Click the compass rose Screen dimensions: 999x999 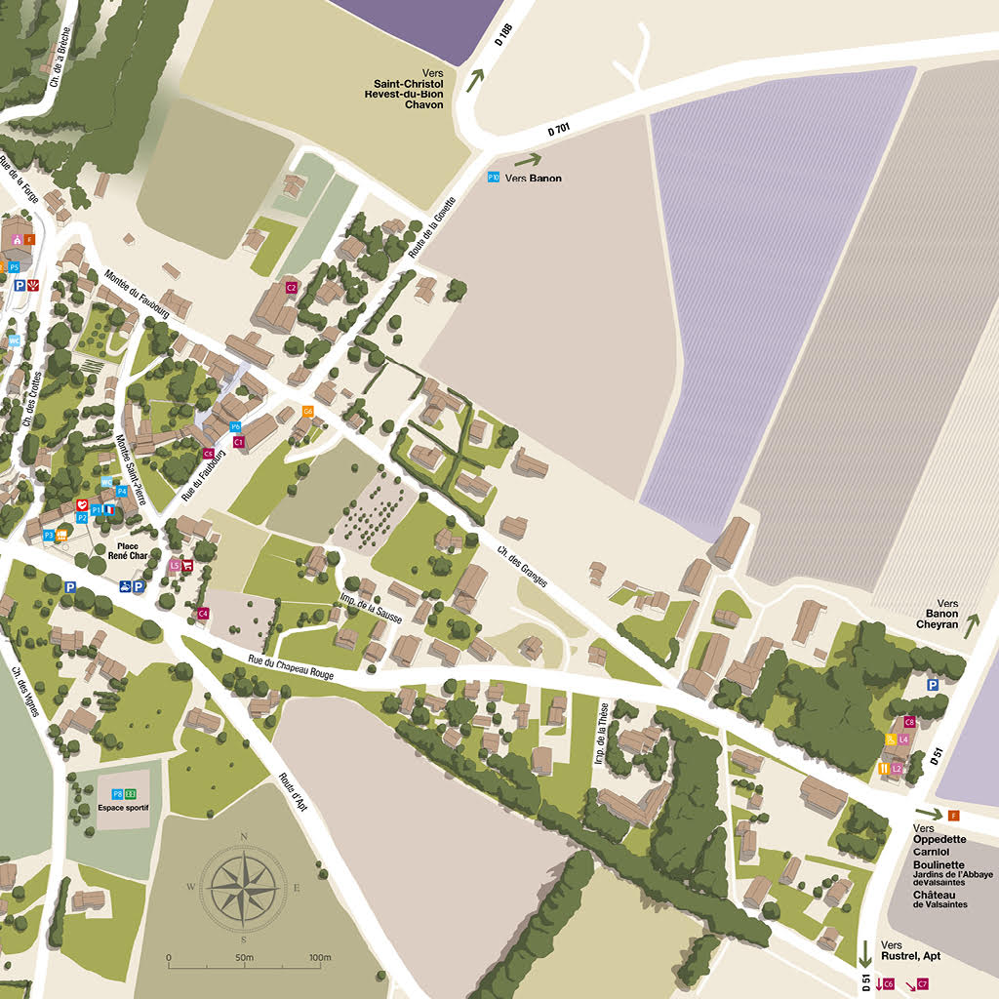(243, 886)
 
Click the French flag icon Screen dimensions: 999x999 (110, 509)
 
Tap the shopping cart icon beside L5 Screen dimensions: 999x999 (186, 565)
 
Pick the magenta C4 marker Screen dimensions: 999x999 (203, 613)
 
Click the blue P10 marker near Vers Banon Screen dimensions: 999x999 (494, 178)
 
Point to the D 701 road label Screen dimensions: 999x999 (558, 129)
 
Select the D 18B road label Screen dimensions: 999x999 (503, 36)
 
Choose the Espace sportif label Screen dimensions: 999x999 (124, 809)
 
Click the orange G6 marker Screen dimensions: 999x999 (307, 412)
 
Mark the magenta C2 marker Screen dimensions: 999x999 (291, 288)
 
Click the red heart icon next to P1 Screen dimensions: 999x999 (83, 504)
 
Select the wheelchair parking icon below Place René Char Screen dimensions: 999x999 (125, 586)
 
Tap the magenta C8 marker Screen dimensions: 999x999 (909, 722)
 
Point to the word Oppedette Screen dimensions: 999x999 (939, 838)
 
